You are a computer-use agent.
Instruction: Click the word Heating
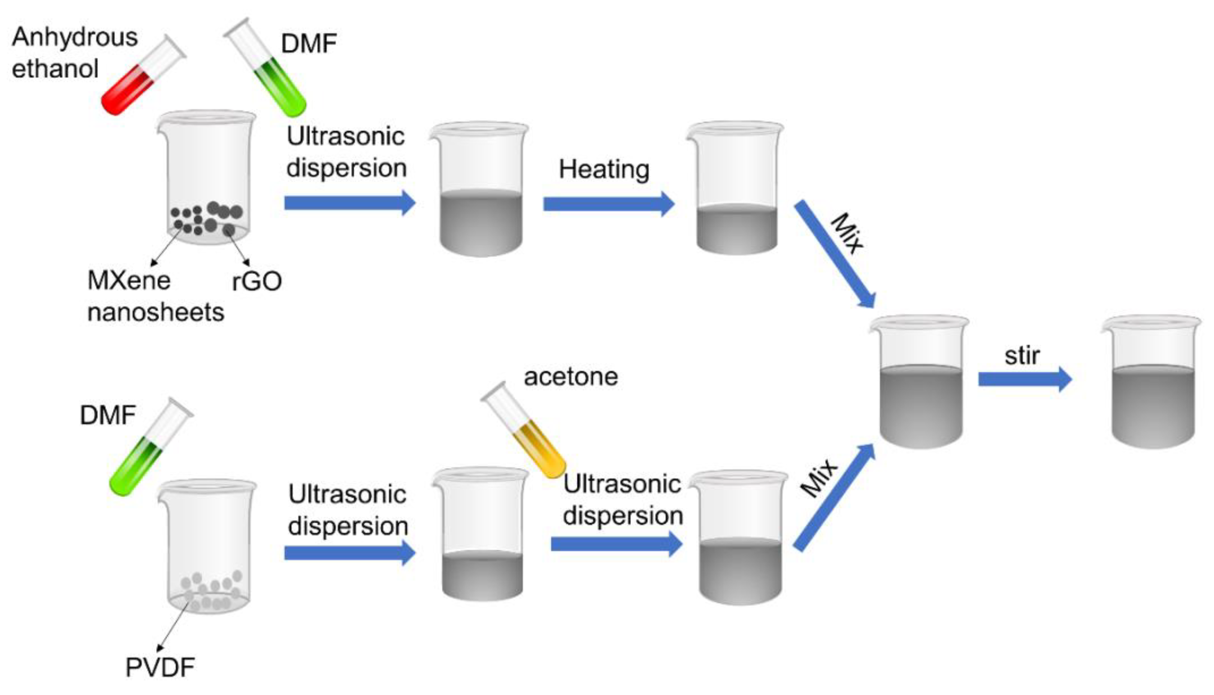pos(604,169)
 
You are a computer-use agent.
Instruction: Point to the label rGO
pos(257,282)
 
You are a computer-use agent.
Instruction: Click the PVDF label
pos(160,667)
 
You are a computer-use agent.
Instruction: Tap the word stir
pos(1022,356)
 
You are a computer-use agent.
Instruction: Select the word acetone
pos(571,377)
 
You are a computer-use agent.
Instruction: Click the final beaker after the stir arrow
pos(1152,387)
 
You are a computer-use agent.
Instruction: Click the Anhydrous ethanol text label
pos(74,52)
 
